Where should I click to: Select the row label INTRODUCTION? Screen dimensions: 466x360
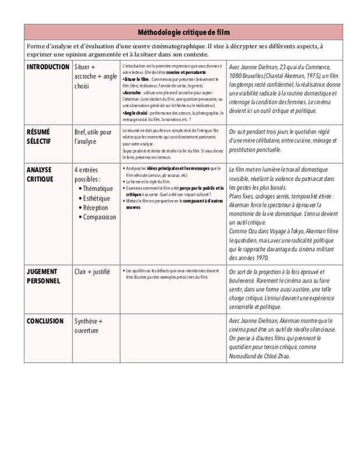(x=48, y=67)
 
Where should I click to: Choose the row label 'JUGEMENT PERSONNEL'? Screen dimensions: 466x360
(x=44, y=276)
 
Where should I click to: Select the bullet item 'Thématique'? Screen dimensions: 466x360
(x=98, y=189)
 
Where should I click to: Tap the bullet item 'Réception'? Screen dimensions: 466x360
(x=96, y=207)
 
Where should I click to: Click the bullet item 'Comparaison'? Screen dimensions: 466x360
(x=100, y=217)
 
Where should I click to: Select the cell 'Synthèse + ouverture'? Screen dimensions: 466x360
(x=89, y=326)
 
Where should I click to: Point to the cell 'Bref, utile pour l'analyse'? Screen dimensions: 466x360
(x=93, y=136)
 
